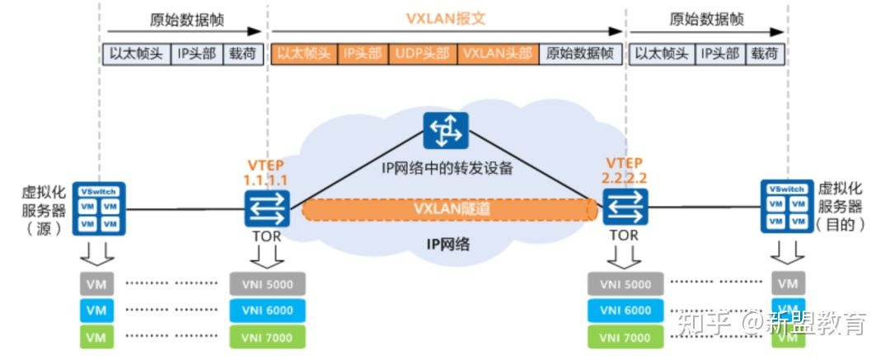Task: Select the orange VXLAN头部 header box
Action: click(497, 54)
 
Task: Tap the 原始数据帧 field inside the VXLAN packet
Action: click(580, 54)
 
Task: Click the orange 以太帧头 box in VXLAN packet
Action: click(303, 54)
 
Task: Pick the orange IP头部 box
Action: click(362, 54)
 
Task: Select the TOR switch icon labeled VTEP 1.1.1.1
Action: click(267, 208)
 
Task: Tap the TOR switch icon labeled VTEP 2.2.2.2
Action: click(623, 208)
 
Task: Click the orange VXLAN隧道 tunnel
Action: click(450, 209)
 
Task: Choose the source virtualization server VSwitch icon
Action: click(99, 207)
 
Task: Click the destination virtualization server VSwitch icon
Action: click(786, 207)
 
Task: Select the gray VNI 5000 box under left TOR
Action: click(267, 284)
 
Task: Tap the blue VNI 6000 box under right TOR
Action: click(625, 311)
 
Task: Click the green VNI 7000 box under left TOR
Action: click(267, 337)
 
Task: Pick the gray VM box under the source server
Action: click(97, 284)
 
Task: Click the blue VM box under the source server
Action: click(97, 311)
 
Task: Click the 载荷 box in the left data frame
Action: click(243, 54)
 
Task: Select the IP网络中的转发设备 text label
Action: click(447, 169)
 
